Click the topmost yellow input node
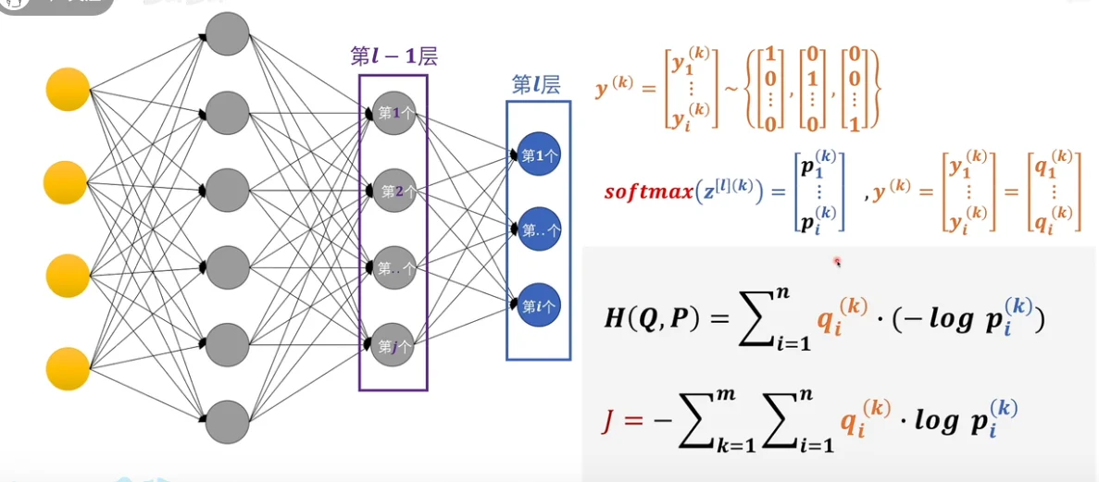[x=68, y=90]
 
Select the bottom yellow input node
[x=68, y=367]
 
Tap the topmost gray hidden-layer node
[x=227, y=34]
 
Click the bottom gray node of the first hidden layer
[x=227, y=421]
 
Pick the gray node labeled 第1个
[x=393, y=113]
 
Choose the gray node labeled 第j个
[x=393, y=347]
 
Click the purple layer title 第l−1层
[x=393, y=56]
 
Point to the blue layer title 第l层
[x=536, y=85]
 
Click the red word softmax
[x=647, y=192]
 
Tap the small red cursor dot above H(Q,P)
[x=837, y=262]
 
